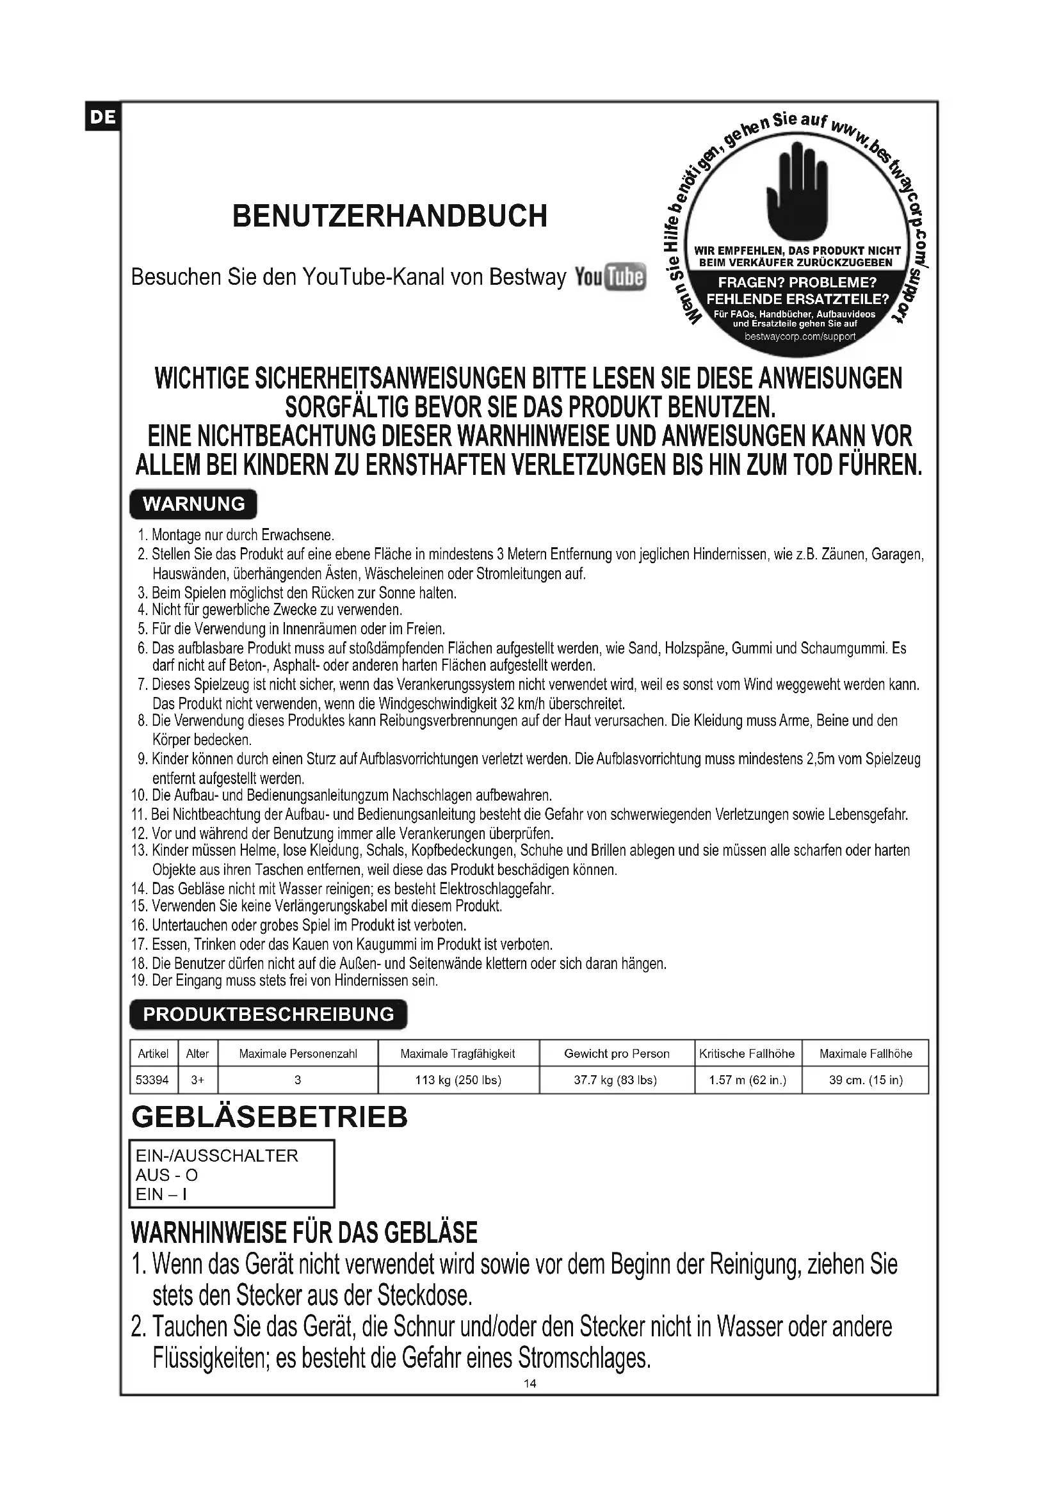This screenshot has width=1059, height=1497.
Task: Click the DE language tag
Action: (x=102, y=117)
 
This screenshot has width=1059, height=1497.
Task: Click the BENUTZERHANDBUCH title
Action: (x=389, y=216)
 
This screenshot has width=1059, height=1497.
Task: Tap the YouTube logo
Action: (x=610, y=277)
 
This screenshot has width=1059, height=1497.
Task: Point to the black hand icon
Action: (x=798, y=193)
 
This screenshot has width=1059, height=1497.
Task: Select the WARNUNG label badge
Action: (x=193, y=504)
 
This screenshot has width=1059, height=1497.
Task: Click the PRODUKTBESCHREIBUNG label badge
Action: (x=268, y=1014)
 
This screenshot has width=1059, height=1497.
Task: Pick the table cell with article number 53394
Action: (x=152, y=1080)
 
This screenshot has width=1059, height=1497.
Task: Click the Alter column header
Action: (x=197, y=1053)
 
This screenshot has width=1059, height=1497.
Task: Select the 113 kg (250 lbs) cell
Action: (x=458, y=1080)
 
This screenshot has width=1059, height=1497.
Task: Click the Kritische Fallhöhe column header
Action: (x=747, y=1053)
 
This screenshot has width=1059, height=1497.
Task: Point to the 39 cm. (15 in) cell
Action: (x=866, y=1080)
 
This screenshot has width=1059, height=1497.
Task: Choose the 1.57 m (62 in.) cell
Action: (x=747, y=1080)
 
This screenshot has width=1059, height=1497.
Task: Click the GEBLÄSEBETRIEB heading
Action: (x=270, y=1117)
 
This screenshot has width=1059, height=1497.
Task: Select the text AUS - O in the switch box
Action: (x=166, y=1175)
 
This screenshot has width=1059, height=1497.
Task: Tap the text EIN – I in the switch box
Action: (x=161, y=1194)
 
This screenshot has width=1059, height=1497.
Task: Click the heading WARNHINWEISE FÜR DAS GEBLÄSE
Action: (x=304, y=1233)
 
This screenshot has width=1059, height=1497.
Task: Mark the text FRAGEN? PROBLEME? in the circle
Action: (x=797, y=283)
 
